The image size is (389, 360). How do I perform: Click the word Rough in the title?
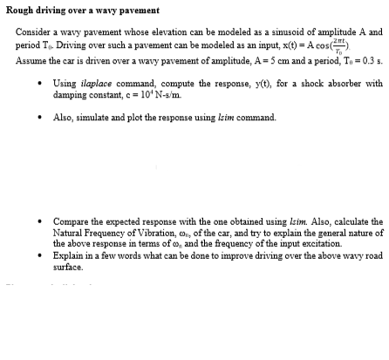tap(20, 10)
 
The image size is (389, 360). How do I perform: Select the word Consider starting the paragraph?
tap(32, 31)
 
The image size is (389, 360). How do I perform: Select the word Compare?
tap(72, 222)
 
